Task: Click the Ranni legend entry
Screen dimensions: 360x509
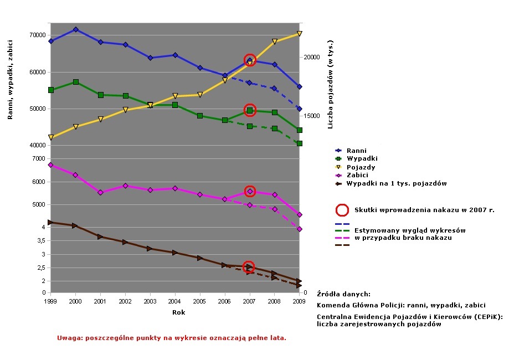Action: point(356,151)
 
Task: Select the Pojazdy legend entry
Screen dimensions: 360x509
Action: point(361,167)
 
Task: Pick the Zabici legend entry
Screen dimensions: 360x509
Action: point(357,175)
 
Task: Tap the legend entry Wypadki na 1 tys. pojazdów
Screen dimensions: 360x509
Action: point(396,183)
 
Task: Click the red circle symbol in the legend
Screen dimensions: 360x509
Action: point(342,210)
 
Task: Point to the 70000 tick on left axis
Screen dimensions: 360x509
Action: point(38,35)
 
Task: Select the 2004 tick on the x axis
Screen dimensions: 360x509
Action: point(175,301)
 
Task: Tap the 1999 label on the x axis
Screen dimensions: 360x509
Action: point(50,301)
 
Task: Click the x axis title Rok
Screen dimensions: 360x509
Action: point(178,312)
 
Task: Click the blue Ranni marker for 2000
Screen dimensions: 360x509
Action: point(76,29)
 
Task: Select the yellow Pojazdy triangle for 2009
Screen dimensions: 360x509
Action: point(299,34)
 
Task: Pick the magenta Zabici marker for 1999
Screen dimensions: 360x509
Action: point(50,165)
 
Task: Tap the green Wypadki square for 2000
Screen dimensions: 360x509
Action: point(76,82)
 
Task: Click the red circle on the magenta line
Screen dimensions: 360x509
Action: point(250,192)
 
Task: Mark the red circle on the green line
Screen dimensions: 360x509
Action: point(250,110)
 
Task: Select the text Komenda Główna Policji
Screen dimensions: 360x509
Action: point(359,305)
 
